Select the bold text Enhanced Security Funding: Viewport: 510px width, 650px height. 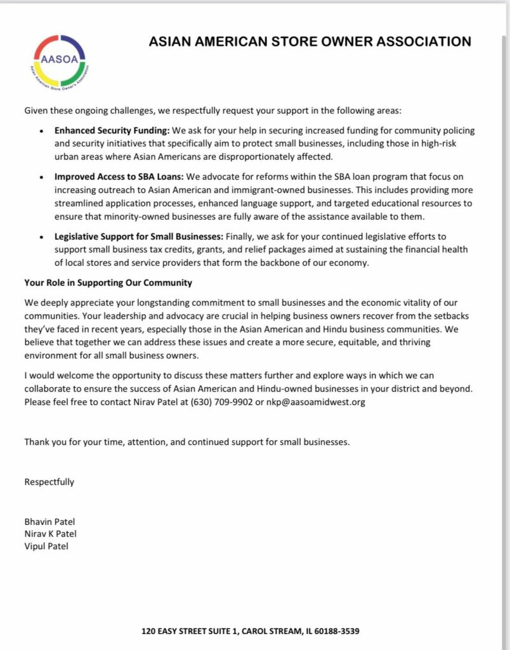point(111,131)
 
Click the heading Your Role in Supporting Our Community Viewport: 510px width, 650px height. point(108,282)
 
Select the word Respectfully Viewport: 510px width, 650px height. point(49,482)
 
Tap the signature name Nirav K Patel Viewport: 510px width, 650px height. point(50,534)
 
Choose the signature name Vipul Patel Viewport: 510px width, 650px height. point(46,546)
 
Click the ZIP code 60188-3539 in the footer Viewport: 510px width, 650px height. point(338,632)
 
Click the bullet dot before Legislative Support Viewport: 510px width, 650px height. point(41,237)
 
